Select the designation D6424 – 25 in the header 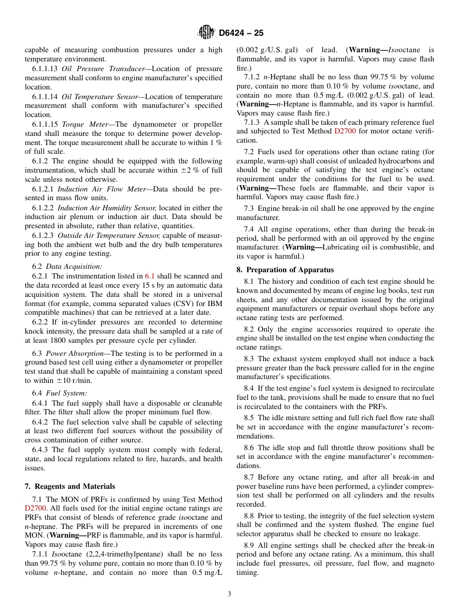point(241,33)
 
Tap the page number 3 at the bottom point(229,594)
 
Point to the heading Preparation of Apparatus point(285,270)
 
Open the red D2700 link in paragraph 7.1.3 point(344,131)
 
